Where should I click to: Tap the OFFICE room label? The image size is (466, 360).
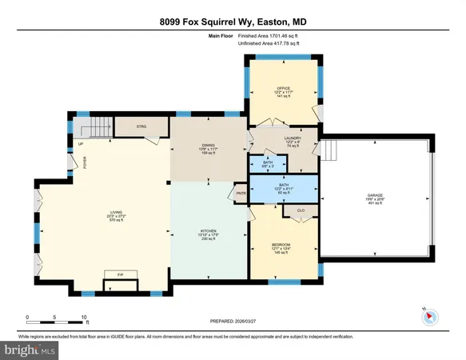tap(281, 88)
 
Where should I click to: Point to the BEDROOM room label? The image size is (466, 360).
tap(280, 244)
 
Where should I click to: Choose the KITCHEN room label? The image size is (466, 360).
tap(208, 231)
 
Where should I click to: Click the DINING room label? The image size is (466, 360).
tap(208, 145)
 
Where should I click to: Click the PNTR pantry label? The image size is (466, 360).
tap(241, 193)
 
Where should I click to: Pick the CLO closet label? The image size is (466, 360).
tap(301, 211)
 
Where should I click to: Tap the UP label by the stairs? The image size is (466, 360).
tap(80, 144)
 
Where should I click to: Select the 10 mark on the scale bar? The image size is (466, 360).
tap(85, 317)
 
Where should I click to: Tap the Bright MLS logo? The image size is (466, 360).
tap(30, 350)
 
